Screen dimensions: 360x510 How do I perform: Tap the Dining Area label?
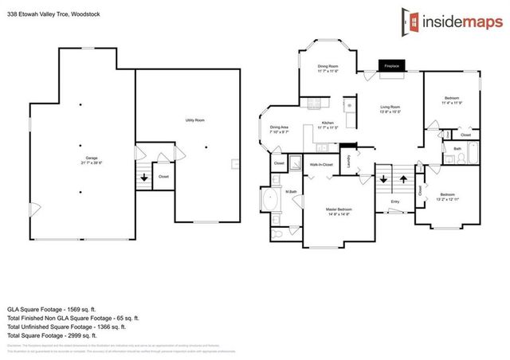[279, 129]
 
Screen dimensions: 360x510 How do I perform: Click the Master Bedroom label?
[338, 212]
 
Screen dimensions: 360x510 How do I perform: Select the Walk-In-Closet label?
[321, 164]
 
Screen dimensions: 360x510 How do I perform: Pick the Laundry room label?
[347, 161]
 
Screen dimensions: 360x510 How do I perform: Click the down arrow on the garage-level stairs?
[144, 178]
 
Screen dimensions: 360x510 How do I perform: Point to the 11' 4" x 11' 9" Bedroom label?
[451, 100]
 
